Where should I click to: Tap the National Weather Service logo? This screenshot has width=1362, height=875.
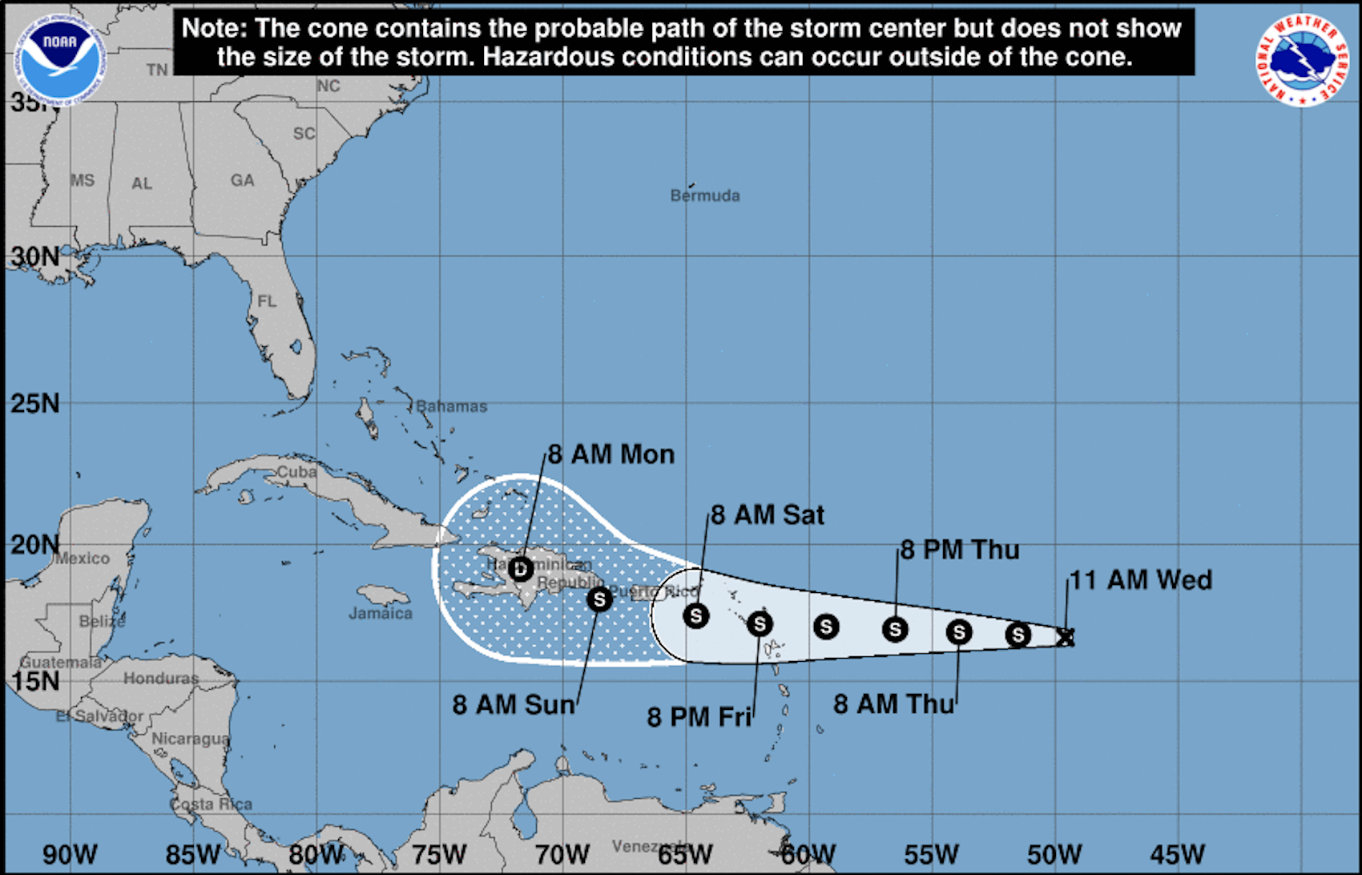point(1301,61)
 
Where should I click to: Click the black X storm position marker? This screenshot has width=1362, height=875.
point(1065,638)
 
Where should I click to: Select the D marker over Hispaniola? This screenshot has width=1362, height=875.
point(521,569)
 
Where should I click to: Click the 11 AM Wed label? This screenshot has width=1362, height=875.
point(1141,580)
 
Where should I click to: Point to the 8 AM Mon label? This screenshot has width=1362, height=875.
point(611,454)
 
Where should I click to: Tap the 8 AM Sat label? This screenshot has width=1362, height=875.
point(768,514)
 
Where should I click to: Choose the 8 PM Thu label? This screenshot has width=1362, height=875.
point(960,550)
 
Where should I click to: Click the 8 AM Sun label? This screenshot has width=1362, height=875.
point(514,704)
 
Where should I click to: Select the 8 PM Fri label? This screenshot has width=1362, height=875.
point(699,716)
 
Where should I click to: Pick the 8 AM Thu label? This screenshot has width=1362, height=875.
point(894,704)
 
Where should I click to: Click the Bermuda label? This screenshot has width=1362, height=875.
point(705,196)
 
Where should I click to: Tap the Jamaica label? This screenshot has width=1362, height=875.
point(381,614)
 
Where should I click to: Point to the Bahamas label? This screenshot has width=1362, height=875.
point(452,406)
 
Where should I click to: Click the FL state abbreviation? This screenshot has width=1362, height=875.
point(267,301)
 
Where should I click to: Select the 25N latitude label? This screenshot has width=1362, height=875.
point(35,403)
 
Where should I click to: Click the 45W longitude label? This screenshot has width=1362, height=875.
point(1178,854)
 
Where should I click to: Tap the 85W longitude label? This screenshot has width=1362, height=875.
point(193,854)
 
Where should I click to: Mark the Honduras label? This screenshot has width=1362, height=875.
point(161,679)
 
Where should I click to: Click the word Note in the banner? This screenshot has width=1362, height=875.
point(212,28)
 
